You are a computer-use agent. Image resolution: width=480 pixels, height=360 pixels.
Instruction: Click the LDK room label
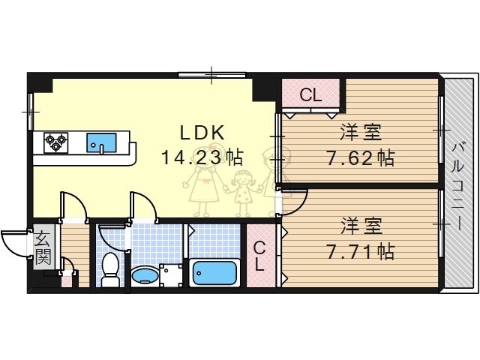(x=202, y=132)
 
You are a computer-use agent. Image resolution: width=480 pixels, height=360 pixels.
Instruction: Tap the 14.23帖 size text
(x=201, y=157)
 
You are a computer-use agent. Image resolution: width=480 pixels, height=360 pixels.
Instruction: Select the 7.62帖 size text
(x=360, y=158)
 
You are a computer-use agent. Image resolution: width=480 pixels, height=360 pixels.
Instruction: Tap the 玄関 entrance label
(x=43, y=249)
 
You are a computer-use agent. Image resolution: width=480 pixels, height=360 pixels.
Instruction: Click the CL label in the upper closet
(x=310, y=95)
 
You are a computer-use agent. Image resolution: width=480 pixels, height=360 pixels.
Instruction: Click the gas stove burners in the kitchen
(x=55, y=141)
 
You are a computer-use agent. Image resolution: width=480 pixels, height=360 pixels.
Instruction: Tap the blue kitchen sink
(x=100, y=141)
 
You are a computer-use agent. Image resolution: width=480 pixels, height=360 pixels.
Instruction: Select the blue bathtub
(x=215, y=272)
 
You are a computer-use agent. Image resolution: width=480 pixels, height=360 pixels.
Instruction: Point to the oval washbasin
(x=144, y=276)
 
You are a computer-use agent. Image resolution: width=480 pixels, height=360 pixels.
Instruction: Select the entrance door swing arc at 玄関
(x=13, y=241)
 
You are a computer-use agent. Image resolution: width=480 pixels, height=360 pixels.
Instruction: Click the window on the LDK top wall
(x=212, y=73)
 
